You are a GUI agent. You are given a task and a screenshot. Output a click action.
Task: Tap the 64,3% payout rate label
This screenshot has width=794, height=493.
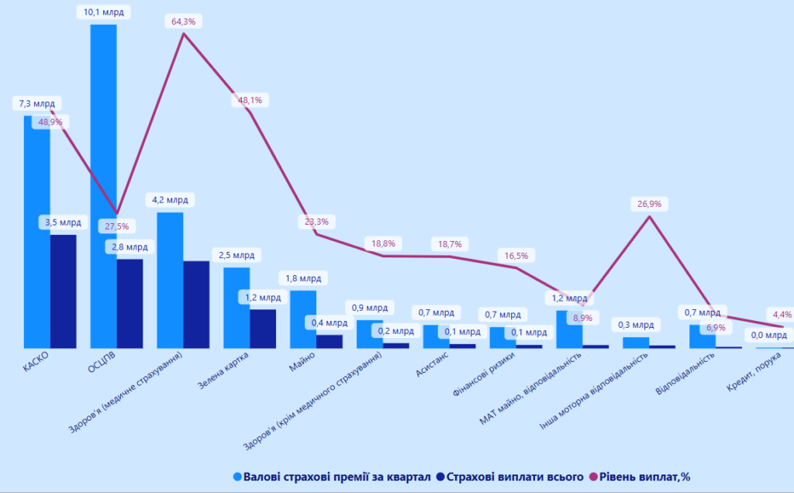(x=183, y=22)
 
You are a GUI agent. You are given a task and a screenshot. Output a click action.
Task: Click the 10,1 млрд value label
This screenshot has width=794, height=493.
(x=103, y=12)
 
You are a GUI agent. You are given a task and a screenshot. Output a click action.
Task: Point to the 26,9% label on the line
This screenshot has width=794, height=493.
(x=650, y=204)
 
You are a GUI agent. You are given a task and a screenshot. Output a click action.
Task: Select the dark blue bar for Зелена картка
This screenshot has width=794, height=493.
(x=263, y=329)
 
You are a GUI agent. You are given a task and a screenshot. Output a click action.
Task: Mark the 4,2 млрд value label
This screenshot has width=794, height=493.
(x=170, y=200)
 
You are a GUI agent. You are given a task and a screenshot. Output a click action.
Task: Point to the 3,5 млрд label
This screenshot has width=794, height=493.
(x=64, y=222)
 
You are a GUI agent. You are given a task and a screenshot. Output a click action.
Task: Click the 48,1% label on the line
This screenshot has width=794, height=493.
(x=250, y=100)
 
